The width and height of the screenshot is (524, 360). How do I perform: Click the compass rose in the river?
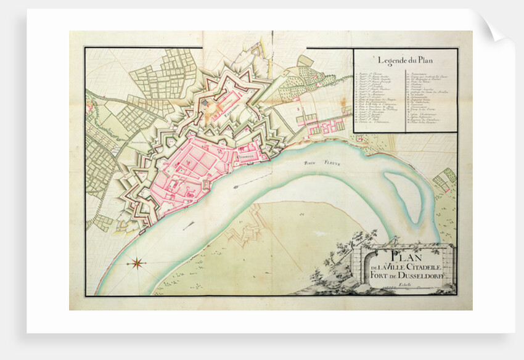(137, 263)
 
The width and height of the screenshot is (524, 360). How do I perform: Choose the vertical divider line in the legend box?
(406, 99)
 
